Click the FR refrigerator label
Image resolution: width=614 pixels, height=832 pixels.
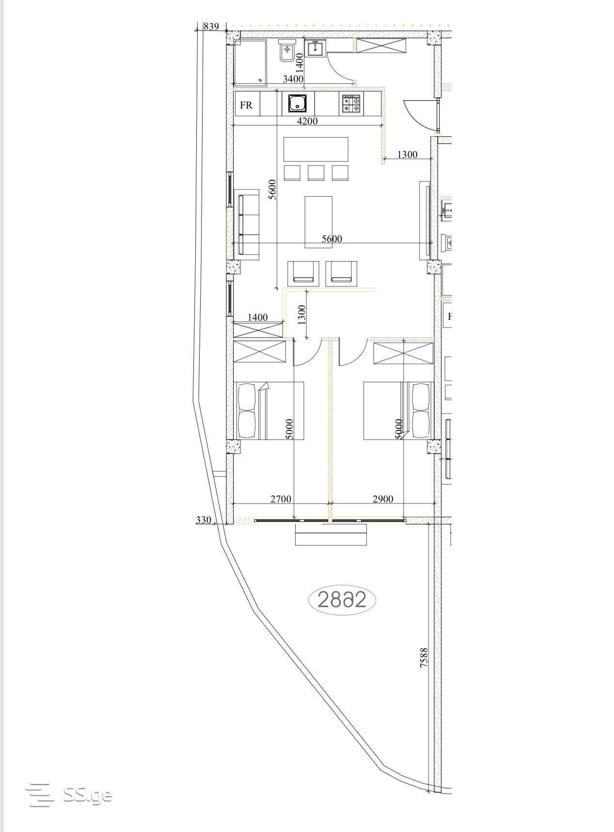[246, 105]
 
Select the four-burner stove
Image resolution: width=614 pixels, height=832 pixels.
[351, 104]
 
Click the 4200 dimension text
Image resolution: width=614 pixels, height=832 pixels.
[307, 121]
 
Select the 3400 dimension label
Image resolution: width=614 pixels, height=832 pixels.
[293, 79]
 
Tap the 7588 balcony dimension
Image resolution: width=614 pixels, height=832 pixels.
[424, 658]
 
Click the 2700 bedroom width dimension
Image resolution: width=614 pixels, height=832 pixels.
[281, 499]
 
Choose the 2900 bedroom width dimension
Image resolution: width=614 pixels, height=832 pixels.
[383, 499]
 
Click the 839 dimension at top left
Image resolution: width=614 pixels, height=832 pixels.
[211, 27]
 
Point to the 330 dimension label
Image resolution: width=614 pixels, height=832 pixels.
[204, 520]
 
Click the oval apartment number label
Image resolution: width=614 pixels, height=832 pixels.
[342, 600]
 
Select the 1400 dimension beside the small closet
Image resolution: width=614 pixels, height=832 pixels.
[258, 317]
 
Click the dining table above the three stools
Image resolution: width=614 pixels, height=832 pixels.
[316, 149]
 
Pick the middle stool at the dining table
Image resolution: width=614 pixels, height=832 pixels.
[316, 173]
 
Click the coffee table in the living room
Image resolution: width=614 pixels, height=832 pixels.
[318, 222]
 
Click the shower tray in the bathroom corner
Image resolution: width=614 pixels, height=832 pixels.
[250, 63]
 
